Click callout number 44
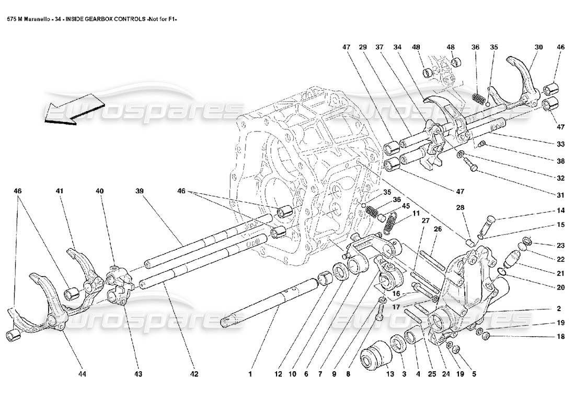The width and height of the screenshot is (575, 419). pos(82,374)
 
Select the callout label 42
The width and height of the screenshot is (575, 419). pos(194,374)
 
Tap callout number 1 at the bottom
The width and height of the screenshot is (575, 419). pos(250,374)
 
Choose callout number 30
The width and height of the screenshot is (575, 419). pos(538,47)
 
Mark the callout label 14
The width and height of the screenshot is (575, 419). pos(560,211)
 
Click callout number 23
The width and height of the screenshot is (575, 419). pos(560,245)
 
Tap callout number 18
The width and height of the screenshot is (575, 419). pos(560,337)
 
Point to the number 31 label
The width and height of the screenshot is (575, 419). pos(560,195)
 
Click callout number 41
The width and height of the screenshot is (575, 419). pos(60,192)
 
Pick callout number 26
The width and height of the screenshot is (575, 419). pos(438,228)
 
